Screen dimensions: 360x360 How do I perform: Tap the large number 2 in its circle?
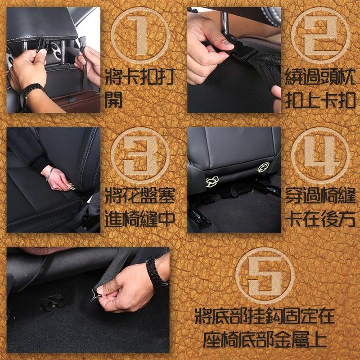point(320,36)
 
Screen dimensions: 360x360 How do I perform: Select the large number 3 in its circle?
point(140,156)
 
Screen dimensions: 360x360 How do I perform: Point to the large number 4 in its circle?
point(321,156)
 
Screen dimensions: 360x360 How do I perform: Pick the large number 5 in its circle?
point(265,276)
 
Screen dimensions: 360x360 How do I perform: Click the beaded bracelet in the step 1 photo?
point(31,89)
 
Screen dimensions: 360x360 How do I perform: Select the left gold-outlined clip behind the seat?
point(212,182)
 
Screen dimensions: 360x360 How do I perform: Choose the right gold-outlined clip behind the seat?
point(263,167)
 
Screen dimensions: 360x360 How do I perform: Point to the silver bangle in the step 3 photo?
point(50,174)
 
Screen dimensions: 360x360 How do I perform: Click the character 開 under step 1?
point(113,100)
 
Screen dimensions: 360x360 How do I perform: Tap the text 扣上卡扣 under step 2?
point(320,100)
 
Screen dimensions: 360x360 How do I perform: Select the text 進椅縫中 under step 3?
point(140,219)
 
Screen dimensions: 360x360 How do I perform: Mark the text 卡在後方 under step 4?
point(320,219)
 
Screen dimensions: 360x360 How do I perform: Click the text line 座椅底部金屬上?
point(265,339)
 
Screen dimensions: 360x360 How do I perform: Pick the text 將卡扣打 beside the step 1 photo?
point(140,76)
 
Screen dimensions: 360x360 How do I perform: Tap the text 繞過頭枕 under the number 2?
point(320,76)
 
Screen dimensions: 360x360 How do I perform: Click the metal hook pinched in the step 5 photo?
point(96,295)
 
